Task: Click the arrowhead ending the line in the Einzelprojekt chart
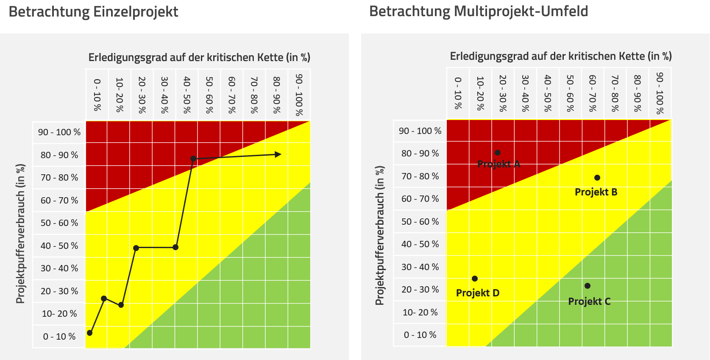coord(278,154)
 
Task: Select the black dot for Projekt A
coord(498,153)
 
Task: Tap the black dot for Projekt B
coord(597,178)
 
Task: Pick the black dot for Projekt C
coord(587,286)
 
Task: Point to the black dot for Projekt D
coord(475,279)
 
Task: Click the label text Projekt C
coord(589,301)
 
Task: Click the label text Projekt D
coord(478,293)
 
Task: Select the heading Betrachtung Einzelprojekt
coord(93,12)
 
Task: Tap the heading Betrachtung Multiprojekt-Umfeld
coord(479,11)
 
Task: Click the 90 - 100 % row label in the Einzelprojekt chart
coord(59,132)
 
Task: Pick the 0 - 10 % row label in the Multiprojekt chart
coord(420,335)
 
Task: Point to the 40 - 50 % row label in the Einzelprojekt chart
coord(59,246)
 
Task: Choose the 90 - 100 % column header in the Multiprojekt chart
coord(660,93)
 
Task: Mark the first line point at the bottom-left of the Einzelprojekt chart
coord(89,333)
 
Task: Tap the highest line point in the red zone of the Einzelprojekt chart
coord(193,159)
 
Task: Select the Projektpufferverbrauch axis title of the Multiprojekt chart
coord(380,235)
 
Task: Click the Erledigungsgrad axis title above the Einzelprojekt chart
coord(199,58)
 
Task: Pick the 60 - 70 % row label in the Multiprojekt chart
coord(420,199)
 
